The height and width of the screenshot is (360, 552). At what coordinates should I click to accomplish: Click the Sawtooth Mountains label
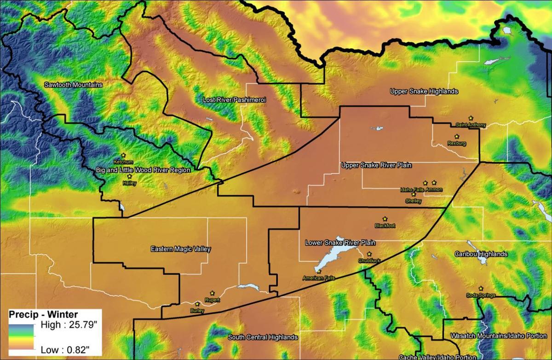point(73,85)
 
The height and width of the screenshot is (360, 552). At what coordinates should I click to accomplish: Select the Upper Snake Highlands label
point(424,91)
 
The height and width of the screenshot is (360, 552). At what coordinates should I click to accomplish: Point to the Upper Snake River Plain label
point(376,165)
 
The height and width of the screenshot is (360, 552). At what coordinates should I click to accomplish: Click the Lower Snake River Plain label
point(340,243)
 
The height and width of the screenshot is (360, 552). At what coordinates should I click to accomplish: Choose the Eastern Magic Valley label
point(181,249)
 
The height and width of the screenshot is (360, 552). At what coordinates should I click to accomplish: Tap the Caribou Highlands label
point(481,254)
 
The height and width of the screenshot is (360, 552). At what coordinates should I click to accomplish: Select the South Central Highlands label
point(263,337)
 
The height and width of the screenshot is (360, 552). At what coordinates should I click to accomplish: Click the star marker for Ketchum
point(123,156)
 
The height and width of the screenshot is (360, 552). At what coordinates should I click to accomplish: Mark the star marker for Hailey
point(129,176)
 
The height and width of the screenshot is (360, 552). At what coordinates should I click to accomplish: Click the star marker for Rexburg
point(457,137)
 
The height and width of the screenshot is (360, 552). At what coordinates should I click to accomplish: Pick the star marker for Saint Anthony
point(471,118)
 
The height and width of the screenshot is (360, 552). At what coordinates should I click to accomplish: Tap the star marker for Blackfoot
point(385,219)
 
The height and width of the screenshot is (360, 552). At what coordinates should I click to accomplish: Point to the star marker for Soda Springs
point(481,289)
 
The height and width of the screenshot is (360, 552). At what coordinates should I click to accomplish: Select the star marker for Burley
point(197,304)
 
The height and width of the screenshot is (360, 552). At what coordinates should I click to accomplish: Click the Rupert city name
point(212,300)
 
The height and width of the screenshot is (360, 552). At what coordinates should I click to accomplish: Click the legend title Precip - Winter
point(36,315)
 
